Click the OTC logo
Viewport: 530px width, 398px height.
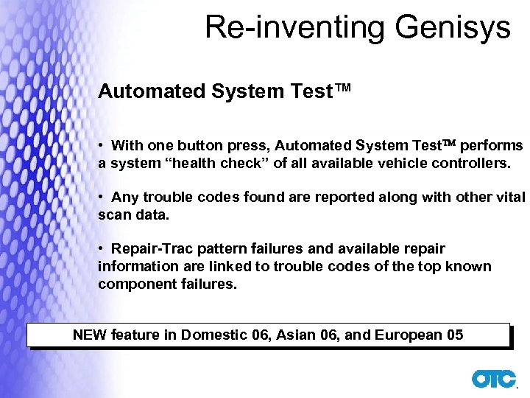(494, 378)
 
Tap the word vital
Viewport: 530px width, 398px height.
(508, 198)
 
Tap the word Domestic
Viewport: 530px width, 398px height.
(214, 335)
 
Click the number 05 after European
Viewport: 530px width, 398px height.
(455, 335)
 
